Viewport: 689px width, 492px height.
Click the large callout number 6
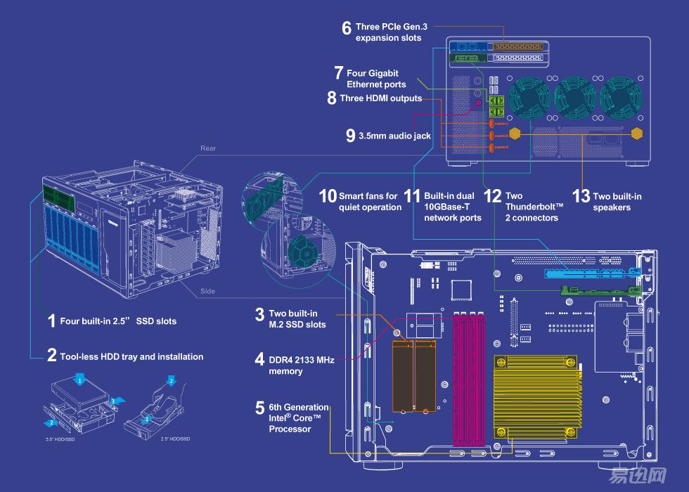pyautogui.click(x=347, y=29)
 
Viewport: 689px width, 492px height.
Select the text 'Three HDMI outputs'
pyautogui.click(x=380, y=98)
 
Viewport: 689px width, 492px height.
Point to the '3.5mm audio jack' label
pyautogui.click(x=394, y=136)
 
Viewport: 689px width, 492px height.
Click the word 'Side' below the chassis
pyautogui.click(x=208, y=291)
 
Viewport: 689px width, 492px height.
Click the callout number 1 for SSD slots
pyautogui.click(x=51, y=321)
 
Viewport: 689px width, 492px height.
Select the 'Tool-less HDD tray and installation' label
pyautogui.click(x=131, y=356)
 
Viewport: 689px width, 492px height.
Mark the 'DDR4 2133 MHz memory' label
pyautogui.click(x=302, y=365)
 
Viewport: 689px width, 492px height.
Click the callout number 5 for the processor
pyautogui.click(x=260, y=408)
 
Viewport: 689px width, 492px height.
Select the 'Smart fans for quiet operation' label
pyautogui.click(x=368, y=202)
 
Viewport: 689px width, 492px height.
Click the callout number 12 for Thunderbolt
pyautogui.click(x=494, y=197)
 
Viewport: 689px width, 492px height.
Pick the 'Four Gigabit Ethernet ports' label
pyautogui.click(x=375, y=79)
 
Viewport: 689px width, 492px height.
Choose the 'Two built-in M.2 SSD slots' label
pyautogui.click(x=297, y=318)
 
